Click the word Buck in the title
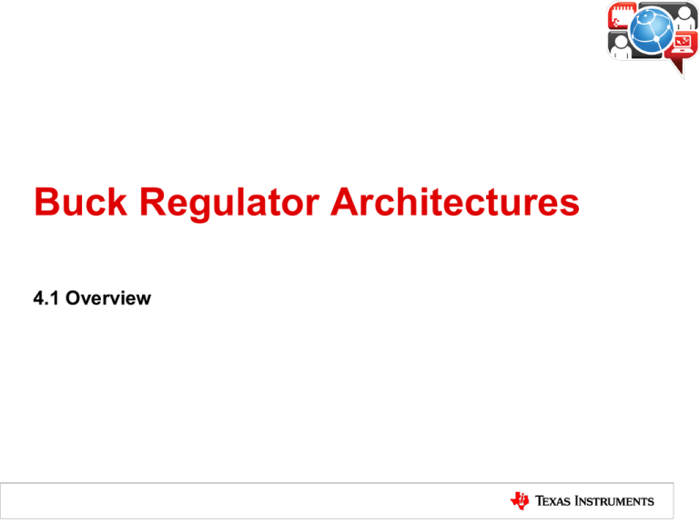tap(81, 202)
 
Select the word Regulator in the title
tap(229, 204)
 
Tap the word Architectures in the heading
tap(455, 202)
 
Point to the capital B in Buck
tap(46, 202)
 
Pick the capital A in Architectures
tap(345, 202)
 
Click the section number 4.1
tap(46, 298)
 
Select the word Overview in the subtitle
tap(108, 298)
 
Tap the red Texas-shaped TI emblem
tap(520, 501)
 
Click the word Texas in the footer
tap(552, 501)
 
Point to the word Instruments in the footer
tap(614, 501)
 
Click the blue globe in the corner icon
tap(652, 30)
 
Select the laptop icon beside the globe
tap(683, 44)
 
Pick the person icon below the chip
tap(620, 46)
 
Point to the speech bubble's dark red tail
tap(678, 65)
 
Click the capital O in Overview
tap(74, 298)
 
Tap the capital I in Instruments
tap(577, 501)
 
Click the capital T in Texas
tap(540, 501)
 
